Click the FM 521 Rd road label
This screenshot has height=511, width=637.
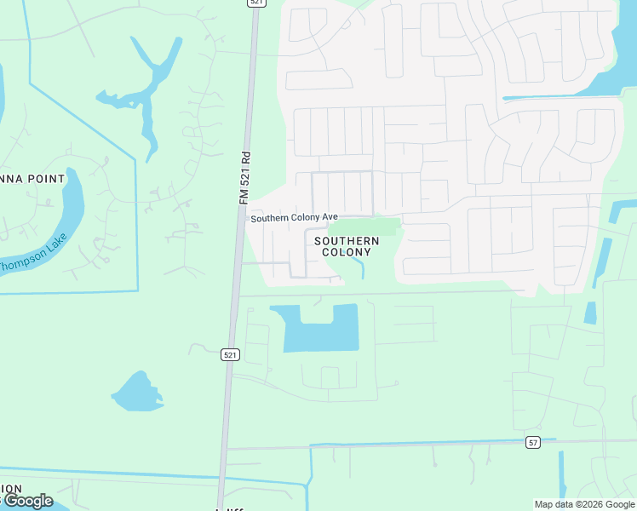tap(244, 178)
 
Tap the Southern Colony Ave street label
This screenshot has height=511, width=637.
tap(294, 218)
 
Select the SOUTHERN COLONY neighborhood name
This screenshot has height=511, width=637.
tap(347, 247)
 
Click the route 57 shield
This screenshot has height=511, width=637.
tap(533, 442)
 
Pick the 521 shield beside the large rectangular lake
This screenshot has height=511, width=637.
tap(229, 353)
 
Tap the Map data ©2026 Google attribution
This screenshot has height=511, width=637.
tap(583, 504)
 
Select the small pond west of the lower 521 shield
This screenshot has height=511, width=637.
tap(135, 392)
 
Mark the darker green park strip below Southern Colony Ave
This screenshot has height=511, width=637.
tap(364, 227)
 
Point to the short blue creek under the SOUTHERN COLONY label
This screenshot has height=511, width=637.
tap(359, 269)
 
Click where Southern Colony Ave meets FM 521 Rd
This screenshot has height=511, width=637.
tap(246, 218)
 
